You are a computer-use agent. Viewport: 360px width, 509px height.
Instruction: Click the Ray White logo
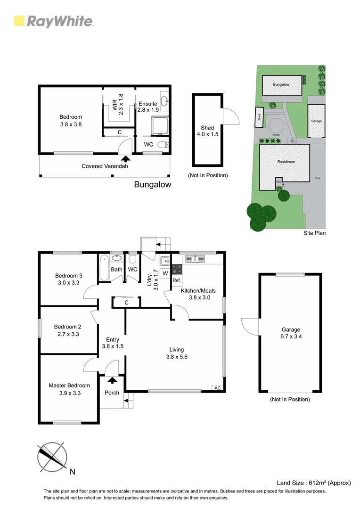(54, 21)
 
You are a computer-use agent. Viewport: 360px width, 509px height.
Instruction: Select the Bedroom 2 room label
(68, 327)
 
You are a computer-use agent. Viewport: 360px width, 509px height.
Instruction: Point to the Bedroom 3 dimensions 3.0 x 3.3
(69, 283)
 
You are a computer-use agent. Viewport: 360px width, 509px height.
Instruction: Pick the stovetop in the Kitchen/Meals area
(177, 269)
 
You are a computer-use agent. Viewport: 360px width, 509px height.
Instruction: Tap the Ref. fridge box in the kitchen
(177, 280)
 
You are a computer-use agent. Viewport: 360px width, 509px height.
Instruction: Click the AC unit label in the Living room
(217, 388)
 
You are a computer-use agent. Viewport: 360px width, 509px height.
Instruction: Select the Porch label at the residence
(112, 393)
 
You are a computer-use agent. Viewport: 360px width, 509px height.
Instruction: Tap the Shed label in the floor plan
(207, 128)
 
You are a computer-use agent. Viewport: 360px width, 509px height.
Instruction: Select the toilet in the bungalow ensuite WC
(162, 145)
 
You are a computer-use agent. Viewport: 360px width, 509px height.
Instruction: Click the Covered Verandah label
(105, 166)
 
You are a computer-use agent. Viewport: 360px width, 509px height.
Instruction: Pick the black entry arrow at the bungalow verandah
(125, 159)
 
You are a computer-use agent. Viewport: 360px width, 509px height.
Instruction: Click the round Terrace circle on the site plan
(276, 126)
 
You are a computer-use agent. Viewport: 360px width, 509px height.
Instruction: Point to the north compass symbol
(51, 456)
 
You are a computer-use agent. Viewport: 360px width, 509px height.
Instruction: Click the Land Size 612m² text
(313, 483)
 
